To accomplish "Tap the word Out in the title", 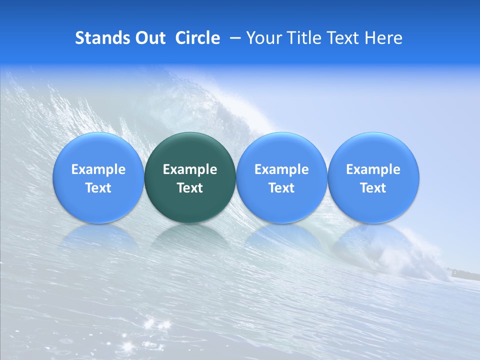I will [x=149, y=38].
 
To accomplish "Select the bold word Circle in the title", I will [x=197, y=38].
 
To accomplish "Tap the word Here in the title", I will [x=386, y=38].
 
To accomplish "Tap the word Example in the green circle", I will [x=190, y=169].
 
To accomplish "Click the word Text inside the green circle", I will [x=190, y=188].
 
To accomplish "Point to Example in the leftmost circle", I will [x=98, y=169].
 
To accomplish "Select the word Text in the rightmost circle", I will [x=373, y=188].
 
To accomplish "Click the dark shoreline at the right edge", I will [x=467, y=273].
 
